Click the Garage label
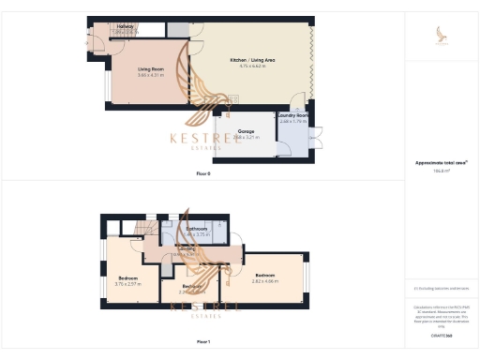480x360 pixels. point(247,130)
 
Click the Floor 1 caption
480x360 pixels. point(203,341)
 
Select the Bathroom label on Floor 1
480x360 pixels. point(196,229)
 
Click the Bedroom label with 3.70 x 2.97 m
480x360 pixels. point(127,277)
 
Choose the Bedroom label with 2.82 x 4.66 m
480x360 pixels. point(264,275)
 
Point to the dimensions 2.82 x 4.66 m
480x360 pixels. point(264,281)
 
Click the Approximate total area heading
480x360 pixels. point(442,163)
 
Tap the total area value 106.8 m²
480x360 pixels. point(441,172)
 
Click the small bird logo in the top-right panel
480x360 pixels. point(442,35)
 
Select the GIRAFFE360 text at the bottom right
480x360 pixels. point(442,335)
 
